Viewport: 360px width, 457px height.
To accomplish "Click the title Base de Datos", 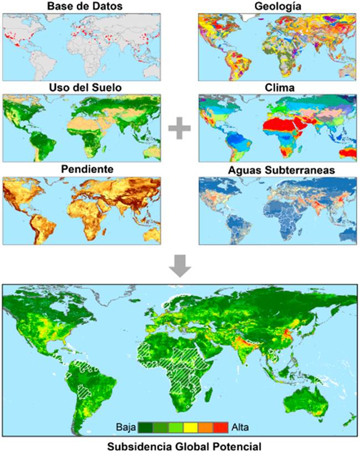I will point(82,7).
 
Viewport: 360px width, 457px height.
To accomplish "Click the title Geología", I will point(277,7).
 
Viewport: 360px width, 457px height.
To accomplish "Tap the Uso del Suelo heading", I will point(82,88).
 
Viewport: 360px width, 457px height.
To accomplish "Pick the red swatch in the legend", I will point(220,427).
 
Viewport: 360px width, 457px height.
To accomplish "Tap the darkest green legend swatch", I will point(145,427).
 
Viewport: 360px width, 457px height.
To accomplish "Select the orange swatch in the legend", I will point(205,427).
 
